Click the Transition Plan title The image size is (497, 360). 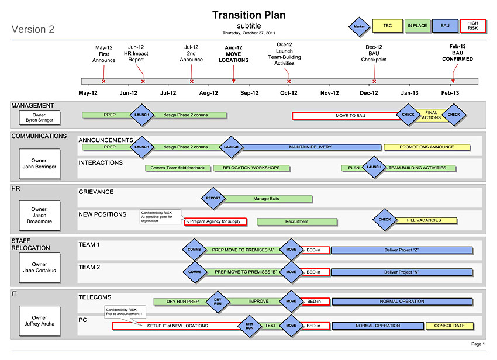249,15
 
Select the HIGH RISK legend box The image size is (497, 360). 472,26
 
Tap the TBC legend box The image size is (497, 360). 387,26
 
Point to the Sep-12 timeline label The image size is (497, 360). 249,93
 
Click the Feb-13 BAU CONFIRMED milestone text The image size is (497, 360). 453,53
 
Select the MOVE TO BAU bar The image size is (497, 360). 350,116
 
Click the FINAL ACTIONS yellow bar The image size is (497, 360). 430,115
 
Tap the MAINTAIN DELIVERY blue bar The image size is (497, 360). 310,147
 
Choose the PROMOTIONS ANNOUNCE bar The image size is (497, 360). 426,147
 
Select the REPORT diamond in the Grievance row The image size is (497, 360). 213,198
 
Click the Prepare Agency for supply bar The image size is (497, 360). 215,221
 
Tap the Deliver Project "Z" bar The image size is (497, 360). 401,250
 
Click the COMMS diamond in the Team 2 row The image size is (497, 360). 194,272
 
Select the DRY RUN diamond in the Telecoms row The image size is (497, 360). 218,302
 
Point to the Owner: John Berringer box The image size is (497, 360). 40,163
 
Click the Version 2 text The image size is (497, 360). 33,29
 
